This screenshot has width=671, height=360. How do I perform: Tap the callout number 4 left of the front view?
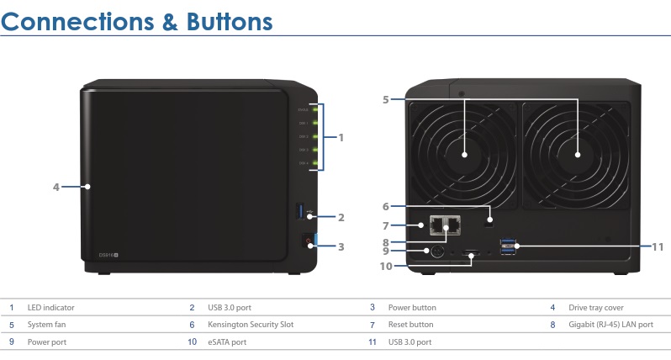pyautogui.click(x=56, y=187)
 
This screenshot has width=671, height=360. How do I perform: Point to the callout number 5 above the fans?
pyautogui.click(x=385, y=99)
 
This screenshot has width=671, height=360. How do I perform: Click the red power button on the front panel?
pyautogui.click(x=309, y=242)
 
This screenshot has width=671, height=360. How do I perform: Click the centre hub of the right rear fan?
pyautogui.click(x=579, y=156)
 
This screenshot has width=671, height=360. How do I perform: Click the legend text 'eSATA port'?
pyautogui.click(x=227, y=342)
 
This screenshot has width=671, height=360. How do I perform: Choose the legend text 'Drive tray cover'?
pyautogui.click(x=595, y=308)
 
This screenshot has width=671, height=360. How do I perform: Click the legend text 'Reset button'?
pyautogui.click(x=410, y=325)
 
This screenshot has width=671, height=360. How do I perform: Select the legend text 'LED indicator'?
pyautogui.click(x=50, y=308)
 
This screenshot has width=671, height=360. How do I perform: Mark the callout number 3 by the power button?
pyautogui.click(x=341, y=246)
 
